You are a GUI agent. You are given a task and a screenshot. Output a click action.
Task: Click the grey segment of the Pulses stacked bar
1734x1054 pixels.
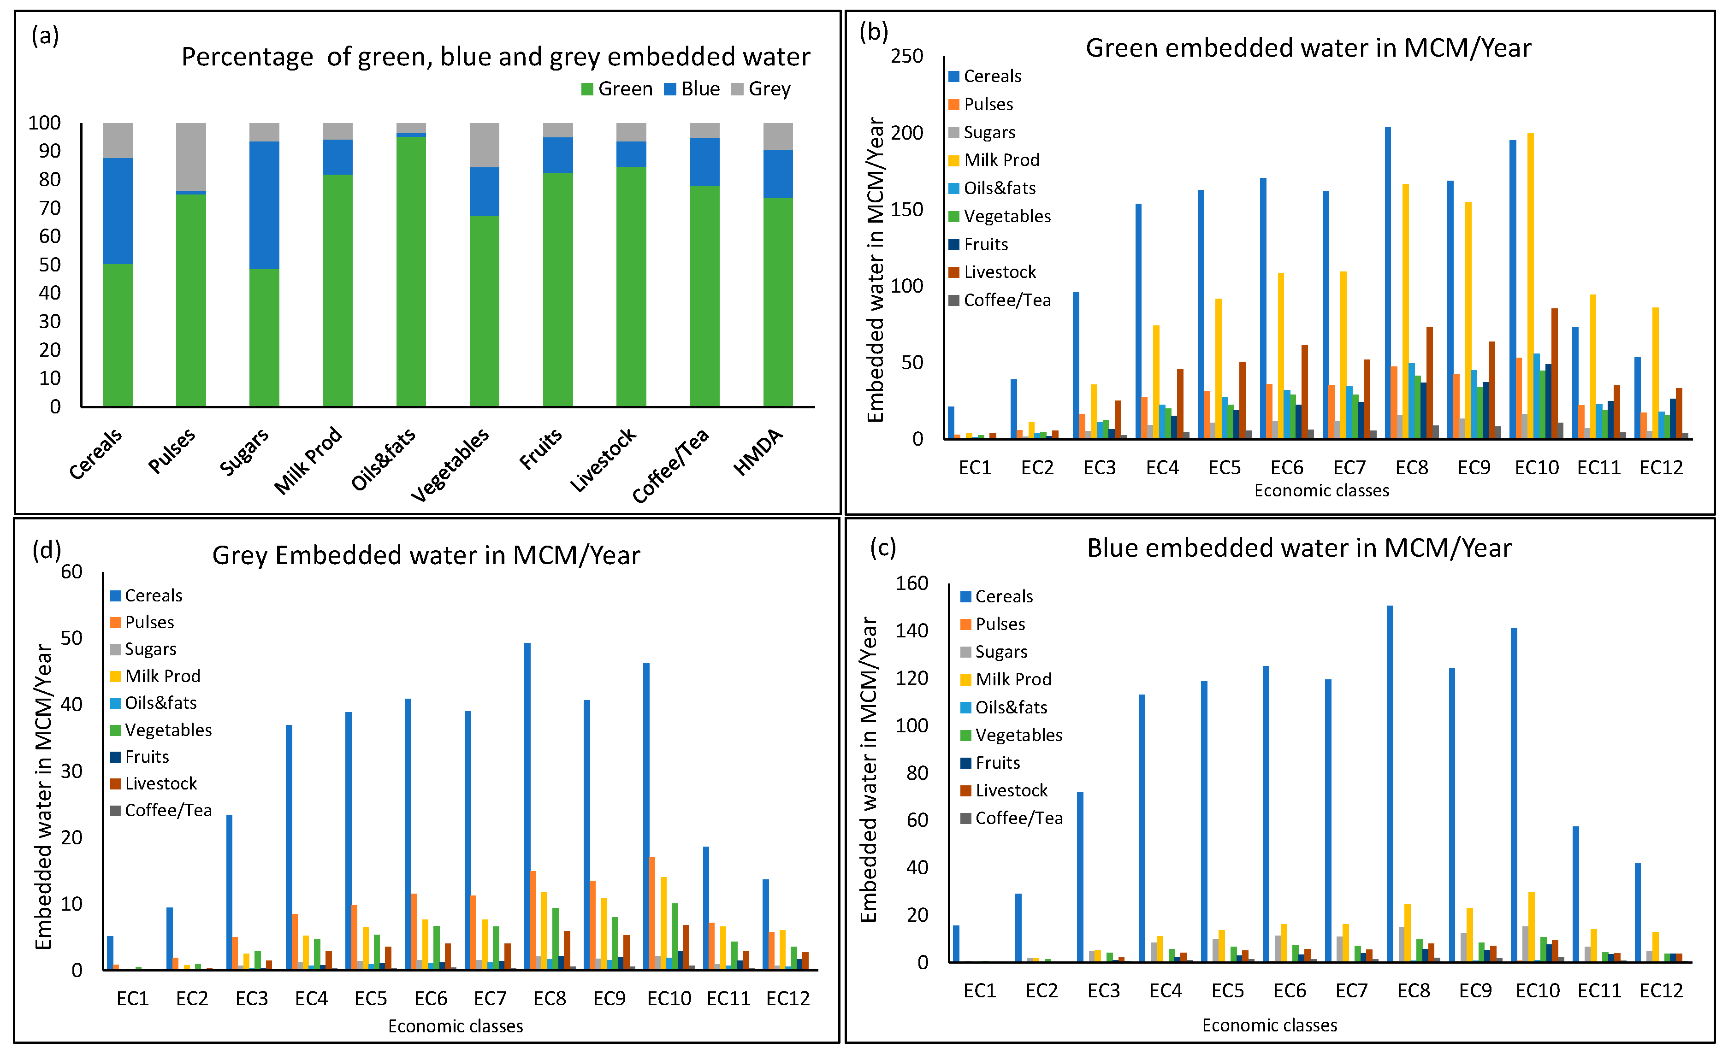pyautogui.click(x=191, y=157)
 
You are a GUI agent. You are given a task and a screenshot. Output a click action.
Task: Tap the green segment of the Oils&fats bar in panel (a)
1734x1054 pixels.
pyautogui.click(x=411, y=271)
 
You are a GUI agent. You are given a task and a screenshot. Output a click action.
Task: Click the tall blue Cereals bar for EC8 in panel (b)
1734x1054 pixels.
pyautogui.click(x=1388, y=282)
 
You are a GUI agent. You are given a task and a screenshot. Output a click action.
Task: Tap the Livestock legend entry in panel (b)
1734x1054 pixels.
pyautogui.click(x=999, y=272)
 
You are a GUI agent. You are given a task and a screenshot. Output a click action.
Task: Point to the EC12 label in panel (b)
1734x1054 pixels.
pyautogui.click(x=1661, y=468)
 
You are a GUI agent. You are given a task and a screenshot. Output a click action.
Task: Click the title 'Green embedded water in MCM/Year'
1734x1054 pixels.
pyautogui.click(x=1308, y=48)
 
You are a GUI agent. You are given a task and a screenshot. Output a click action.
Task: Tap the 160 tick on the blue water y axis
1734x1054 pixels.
pyautogui.click(x=911, y=583)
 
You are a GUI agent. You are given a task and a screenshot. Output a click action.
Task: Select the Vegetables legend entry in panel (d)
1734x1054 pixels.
pyautogui.click(x=167, y=730)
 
